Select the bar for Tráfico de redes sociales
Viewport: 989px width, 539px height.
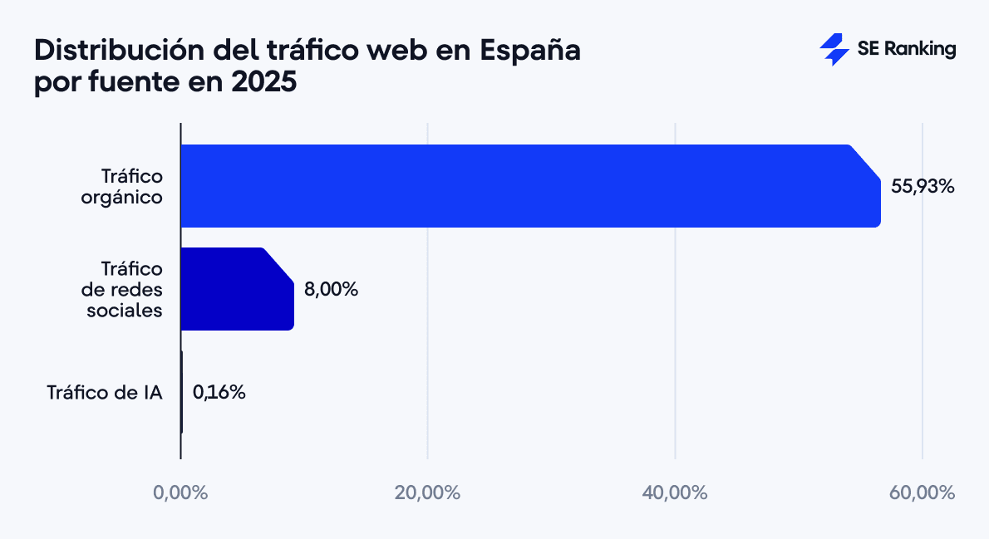click(x=237, y=289)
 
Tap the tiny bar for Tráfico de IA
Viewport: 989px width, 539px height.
click(x=181, y=392)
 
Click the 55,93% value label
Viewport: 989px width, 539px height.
click(x=923, y=187)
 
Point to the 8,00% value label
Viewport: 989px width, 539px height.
click(x=331, y=290)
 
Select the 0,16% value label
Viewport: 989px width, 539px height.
click(x=219, y=392)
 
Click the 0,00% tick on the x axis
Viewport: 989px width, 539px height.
click(x=180, y=492)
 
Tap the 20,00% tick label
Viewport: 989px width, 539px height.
click(x=427, y=492)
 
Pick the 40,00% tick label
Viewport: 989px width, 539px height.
click(x=675, y=492)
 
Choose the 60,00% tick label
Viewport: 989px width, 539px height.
click(x=922, y=492)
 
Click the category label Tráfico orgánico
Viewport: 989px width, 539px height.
click(x=131, y=187)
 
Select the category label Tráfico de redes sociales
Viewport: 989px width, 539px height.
click(x=124, y=289)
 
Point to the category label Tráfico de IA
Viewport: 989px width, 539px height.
click(x=104, y=392)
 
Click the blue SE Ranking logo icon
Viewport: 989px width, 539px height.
click(x=834, y=50)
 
